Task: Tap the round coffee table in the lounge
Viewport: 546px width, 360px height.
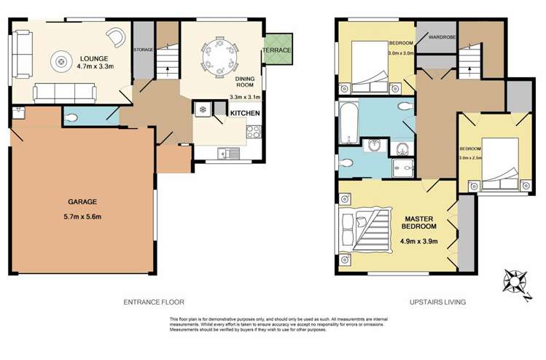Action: (x=59, y=61)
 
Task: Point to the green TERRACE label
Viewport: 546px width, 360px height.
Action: (x=278, y=50)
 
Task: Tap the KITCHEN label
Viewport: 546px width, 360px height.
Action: (x=244, y=114)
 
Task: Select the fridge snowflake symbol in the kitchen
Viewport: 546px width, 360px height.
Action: (x=201, y=109)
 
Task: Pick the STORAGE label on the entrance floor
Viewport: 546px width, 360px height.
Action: (x=144, y=49)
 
